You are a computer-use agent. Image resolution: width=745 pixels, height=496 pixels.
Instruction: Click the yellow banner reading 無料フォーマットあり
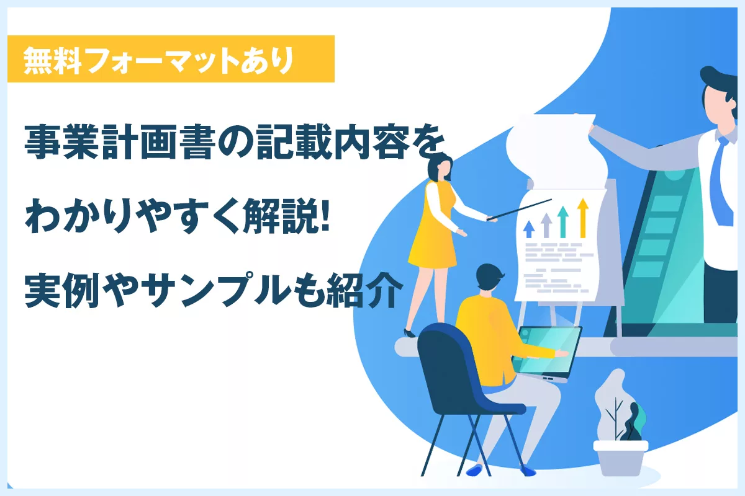(171, 59)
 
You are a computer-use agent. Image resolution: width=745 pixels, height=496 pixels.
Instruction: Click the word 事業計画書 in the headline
(119, 142)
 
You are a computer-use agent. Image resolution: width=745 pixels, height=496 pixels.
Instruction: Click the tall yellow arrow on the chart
(583, 218)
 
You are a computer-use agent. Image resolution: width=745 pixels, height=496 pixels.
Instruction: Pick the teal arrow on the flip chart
(562, 222)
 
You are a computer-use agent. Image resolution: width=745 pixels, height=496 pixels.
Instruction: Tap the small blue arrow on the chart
(529, 229)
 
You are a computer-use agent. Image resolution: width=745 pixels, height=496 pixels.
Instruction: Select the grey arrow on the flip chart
(546, 225)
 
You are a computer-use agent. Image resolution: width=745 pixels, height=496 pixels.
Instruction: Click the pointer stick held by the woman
(519, 210)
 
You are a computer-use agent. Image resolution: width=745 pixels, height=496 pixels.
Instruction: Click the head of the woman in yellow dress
(440, 168)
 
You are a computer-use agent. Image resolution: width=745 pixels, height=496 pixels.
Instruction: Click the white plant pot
(621, 458)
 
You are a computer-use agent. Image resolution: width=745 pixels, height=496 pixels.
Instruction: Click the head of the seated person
(489, 278)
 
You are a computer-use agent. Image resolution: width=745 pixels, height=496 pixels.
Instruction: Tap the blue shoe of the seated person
(474, 470)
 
